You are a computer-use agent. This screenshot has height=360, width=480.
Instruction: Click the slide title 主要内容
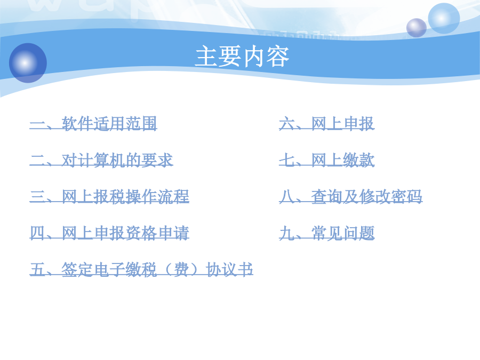(242, 57)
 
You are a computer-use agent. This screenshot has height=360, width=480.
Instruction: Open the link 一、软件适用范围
(93, 124)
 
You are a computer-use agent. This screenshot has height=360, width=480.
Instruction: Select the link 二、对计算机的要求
(101, 160)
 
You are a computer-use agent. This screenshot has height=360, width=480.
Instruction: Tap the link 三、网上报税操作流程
(109, 196)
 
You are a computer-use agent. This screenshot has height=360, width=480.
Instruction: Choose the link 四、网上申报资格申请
(109, 233)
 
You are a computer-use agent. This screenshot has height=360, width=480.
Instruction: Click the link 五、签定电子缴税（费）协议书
(141, 269)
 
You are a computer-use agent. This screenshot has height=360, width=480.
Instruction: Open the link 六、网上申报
(326, 124)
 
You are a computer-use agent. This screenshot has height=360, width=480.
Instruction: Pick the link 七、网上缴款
(326, 160)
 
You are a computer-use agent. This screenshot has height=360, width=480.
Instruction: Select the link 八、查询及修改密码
(351, 196)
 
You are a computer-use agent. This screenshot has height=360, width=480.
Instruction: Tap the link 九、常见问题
(326, 233)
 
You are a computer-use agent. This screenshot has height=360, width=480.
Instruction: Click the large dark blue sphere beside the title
(28, 63)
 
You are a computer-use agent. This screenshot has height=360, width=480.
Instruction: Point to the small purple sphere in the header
(417, 28)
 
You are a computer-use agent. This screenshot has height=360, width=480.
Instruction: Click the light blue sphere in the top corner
(444, 18)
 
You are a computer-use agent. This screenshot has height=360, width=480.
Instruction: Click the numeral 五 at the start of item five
(38, 269)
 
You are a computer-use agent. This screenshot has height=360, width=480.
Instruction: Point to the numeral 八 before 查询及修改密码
(287, 196)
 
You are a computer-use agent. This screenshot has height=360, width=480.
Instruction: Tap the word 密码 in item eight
(406, 196)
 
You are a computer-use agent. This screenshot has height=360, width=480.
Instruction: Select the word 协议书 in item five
(229, 269)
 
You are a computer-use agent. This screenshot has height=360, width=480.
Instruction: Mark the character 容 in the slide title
(278, 57)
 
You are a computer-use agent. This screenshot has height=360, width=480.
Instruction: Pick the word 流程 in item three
(173, 196)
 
